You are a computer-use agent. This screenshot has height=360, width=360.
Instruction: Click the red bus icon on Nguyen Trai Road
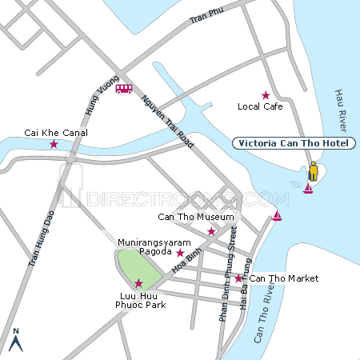[x=124, y=89]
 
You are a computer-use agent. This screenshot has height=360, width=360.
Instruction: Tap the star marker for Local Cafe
[x=266, y=95]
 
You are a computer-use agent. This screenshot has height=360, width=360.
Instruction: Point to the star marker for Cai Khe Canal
[x=54, y=145]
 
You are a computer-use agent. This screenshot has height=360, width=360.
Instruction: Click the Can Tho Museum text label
[x=196, y=217]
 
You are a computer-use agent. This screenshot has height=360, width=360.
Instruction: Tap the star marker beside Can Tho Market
[x=238, y=278]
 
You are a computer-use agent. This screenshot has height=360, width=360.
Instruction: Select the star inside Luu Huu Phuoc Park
[x=138, y=282]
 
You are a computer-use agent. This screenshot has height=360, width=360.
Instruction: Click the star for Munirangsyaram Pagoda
[x=179, y=253]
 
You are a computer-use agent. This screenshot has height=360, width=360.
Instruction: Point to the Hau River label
[x=338, y=112]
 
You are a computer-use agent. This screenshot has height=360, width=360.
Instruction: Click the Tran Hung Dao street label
[x=34, y=235]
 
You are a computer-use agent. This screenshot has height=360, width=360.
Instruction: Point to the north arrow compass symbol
[x=15, y=341]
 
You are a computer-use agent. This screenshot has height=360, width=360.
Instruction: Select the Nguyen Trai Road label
[x=167, y=120]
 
